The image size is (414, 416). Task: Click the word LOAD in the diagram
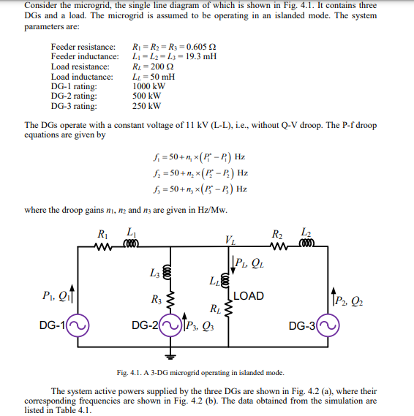coord(249,296)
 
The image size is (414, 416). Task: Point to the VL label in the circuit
coord(230,239)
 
